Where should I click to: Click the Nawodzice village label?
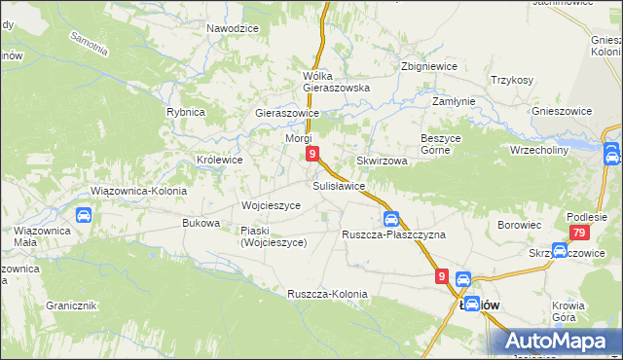coord(233,28)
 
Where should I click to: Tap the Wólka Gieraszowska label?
coord(338,81)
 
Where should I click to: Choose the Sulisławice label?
coord(339,185)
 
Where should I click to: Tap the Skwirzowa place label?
coord(381,161)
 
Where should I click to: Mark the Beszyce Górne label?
coord(447,144)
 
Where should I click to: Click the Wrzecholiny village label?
coord(538,151)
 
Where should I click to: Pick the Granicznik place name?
coord(70,306)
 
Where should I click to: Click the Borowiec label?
coord(519,225)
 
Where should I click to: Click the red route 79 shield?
coord(579,233)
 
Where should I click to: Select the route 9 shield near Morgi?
coord(311,154)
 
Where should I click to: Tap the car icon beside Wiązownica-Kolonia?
coord(84,215)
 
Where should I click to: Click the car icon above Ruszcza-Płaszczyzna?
coord(390,219)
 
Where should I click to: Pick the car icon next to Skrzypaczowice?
coord(561,250)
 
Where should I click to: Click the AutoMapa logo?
coord(560,341)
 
